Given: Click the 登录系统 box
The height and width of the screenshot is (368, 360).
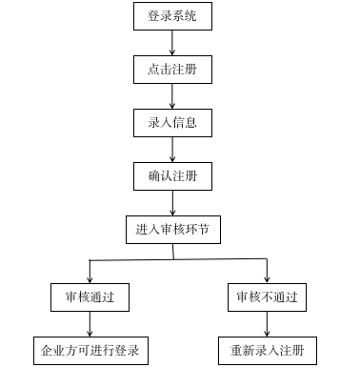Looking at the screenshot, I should coord(172,17).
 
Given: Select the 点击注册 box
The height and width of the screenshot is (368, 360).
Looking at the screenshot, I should coord(172,70).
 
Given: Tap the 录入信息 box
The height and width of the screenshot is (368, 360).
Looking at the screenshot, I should coord(172,123).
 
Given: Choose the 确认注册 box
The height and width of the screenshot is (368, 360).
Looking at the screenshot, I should coord(172,176).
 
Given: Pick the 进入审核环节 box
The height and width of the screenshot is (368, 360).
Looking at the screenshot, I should coord(172,230).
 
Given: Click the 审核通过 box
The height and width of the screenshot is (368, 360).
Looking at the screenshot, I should coord(90,297).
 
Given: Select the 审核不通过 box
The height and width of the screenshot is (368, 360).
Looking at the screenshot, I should coord(267,297).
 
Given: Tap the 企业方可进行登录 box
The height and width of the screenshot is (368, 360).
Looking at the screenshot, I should coord(90,351).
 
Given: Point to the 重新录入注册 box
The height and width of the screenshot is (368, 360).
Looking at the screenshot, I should coord(267,351).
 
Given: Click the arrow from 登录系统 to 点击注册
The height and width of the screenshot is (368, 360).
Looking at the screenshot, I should coord(172,43).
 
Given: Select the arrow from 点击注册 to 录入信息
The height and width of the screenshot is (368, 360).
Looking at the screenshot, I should coord(172,96).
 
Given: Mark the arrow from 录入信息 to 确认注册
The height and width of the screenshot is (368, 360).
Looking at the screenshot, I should coord(172,150).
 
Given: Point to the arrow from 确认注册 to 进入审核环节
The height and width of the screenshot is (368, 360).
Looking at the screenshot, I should coord(172,203).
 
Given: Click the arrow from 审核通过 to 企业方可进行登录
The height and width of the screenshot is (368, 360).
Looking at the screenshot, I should coord(90,324).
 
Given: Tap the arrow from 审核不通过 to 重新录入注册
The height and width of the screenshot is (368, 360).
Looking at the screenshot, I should coord(267,324).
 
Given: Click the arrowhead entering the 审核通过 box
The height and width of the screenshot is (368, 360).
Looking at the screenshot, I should coord(90,277).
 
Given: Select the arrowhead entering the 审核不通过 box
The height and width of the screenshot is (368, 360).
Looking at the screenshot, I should coord(267,277).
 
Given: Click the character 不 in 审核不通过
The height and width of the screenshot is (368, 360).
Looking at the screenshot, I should coord(267,297).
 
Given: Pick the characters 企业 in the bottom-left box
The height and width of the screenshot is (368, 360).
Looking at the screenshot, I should coord(52,351).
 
